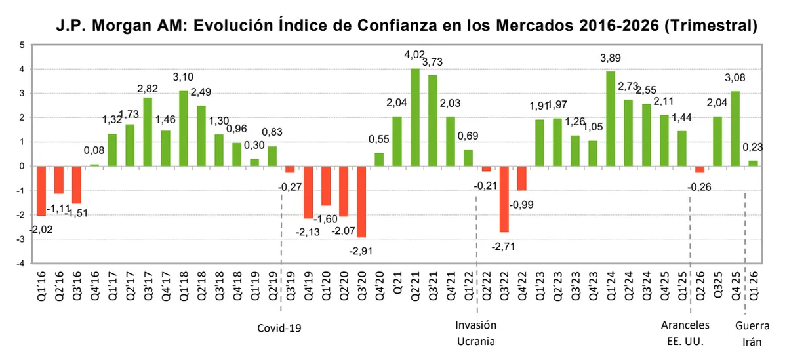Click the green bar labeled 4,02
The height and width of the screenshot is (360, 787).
[x=414, y=117]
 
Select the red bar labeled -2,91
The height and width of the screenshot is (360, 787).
[x=361, y=202]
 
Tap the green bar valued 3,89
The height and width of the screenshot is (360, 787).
[x=610, y=119]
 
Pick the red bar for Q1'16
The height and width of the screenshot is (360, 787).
[x=41, y=191]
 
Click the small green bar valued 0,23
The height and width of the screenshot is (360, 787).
[x=752, y=163]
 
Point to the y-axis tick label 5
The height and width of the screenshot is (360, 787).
[x=22, y=45]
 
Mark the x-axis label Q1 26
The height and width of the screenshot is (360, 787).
[x=754, y=287]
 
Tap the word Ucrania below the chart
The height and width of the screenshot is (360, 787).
[x=476, y=342]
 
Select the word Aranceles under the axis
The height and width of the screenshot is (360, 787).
[x=685, y=325]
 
